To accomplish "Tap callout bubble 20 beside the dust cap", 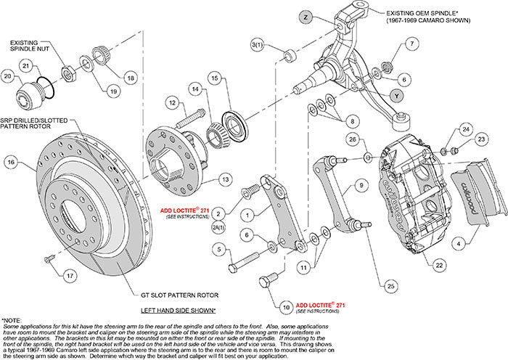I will tap(8, 76).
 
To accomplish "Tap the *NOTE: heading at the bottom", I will tap(13, 319).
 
